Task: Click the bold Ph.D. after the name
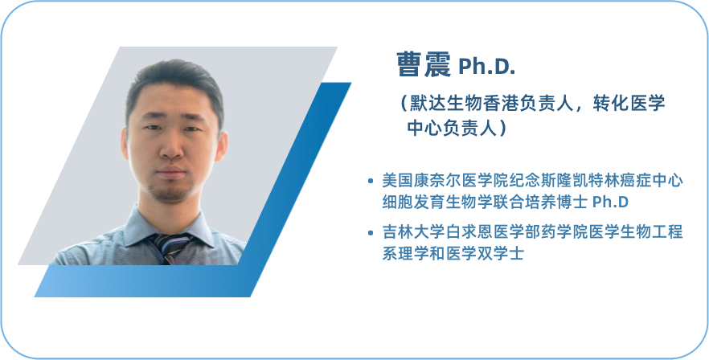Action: (487, 67)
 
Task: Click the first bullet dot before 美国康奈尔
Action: (371, 182)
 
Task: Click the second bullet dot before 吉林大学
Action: (371, 233)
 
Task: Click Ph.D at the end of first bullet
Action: (610, 202)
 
